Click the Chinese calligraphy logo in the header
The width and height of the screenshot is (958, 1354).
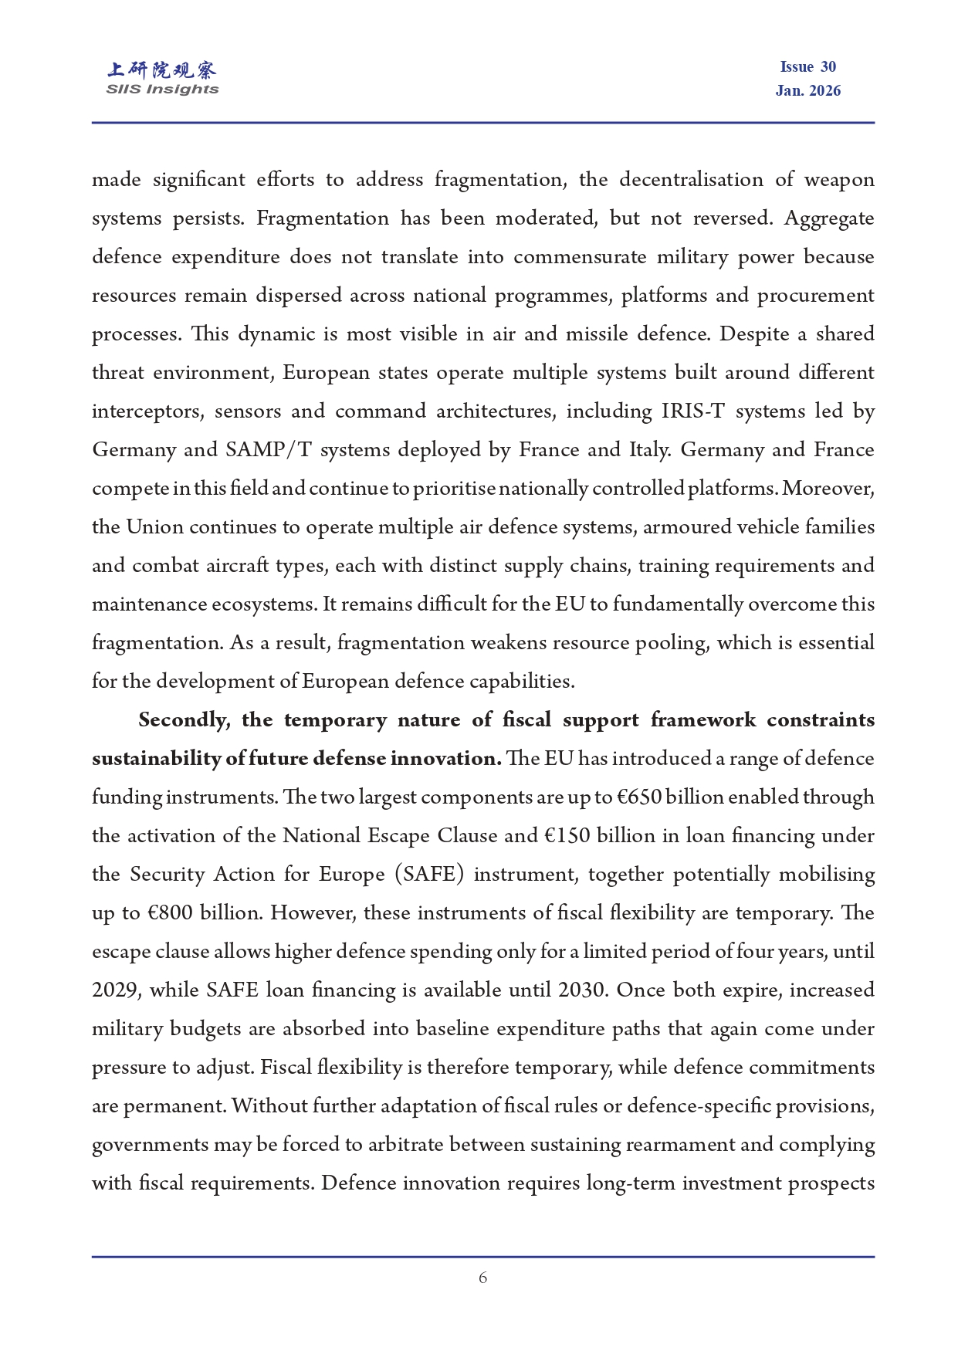pos(162,70)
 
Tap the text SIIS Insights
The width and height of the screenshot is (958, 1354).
pos(162,90)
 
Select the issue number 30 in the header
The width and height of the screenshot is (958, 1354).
pos(828,67)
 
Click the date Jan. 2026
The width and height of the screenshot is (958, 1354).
pos(807,91)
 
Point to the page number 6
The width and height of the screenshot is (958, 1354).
pos(482,1278)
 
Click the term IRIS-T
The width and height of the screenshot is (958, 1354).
pos(692,411)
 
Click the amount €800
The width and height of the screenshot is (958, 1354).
pos(170,913)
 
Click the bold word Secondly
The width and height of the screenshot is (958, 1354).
pos(184,720)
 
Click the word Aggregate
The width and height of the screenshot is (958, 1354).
pos(829,218)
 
